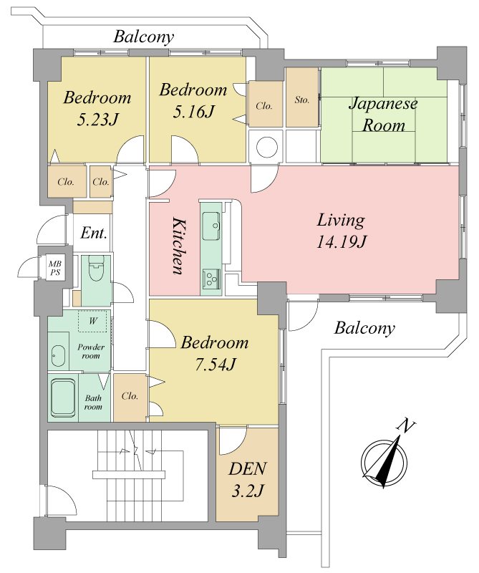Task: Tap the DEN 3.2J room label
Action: [247, 480]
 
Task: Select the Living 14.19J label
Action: [341, 231]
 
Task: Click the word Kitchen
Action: [178, 246]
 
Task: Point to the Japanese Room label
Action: [383, 115]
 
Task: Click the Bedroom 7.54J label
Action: [215, 353]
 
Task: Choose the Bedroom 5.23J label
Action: [97, 109]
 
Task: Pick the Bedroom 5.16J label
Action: [193, 100]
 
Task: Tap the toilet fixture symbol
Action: [97, 269]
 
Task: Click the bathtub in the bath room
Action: [63, 398]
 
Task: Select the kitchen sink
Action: [211, 226]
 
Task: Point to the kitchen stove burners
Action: [211, 278]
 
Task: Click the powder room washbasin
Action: [58, 355]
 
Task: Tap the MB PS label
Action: [55, 268]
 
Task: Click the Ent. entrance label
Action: [94, 233]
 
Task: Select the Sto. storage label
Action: [302, 100]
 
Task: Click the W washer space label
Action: [93, 321]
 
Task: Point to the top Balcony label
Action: [144, 37]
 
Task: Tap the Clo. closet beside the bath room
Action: [130, 396]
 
